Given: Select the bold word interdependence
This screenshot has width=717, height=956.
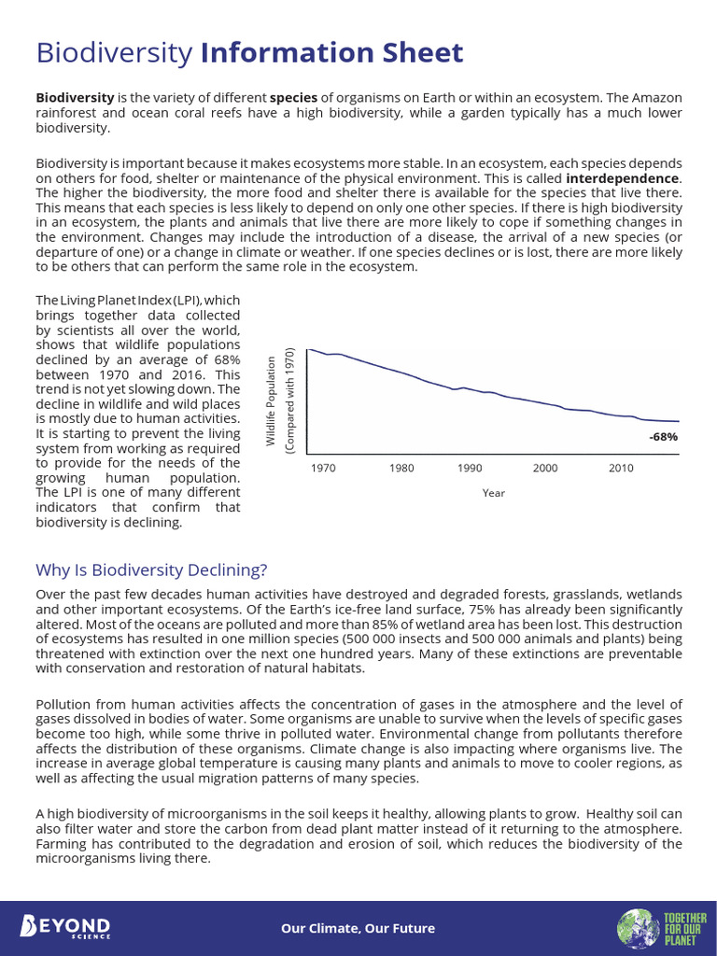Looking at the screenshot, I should (622, 177).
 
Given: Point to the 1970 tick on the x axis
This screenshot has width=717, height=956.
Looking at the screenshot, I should (324, 468).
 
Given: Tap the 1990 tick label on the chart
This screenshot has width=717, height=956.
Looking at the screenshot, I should (470, 468).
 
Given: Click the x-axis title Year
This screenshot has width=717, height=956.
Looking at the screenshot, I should (493, 493).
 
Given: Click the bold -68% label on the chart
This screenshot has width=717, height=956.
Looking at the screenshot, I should (663, 436).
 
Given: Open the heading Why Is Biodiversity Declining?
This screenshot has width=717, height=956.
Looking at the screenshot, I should (151, 569).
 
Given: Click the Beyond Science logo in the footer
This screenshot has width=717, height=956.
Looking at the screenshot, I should (65, 927).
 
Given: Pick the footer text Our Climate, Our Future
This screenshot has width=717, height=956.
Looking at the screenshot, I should (358, 928).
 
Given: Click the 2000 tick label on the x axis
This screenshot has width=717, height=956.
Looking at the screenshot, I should (545, 468).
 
